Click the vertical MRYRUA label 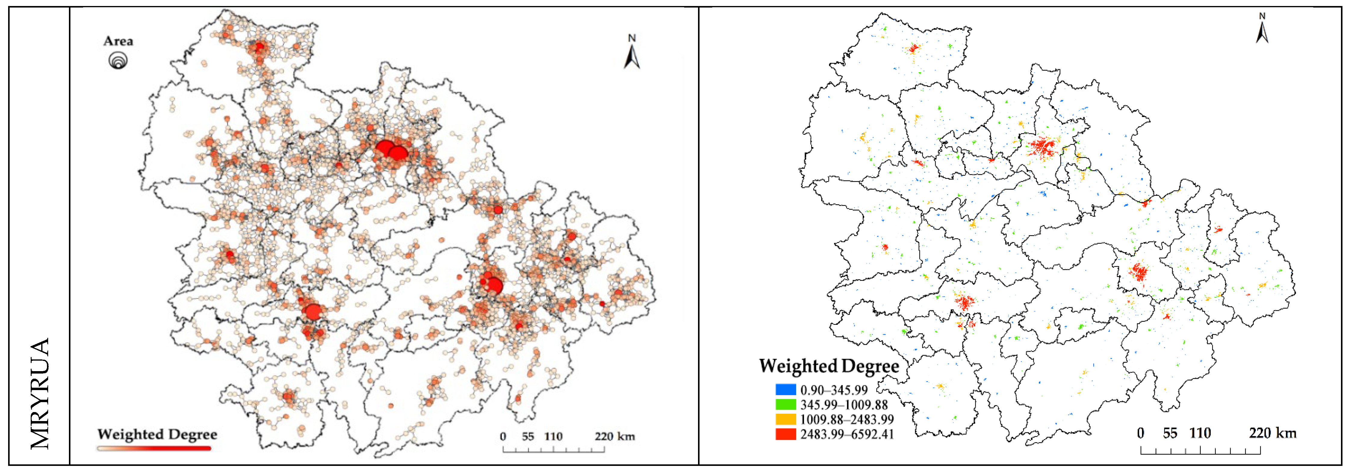(x=40, y=393)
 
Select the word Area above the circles (x=118, y=41)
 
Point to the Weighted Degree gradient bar (x=154, y=448)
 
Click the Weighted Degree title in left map (x=157, y=434)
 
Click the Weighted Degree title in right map (x=829, y=366)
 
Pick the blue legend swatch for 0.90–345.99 (x=786, y=390)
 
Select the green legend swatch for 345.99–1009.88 (x=786, y=404)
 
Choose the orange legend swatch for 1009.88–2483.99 (x=786, y=419)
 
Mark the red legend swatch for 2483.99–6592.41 (x=786, y=434)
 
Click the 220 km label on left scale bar (x=615, y=436)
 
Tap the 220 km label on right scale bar (x=1272, y=433)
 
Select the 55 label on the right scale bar (x=1170, y=433)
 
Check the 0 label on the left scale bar (x=503, y=436)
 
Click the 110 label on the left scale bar (x=554, y=436)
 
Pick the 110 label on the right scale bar (x=1200, y=433)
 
